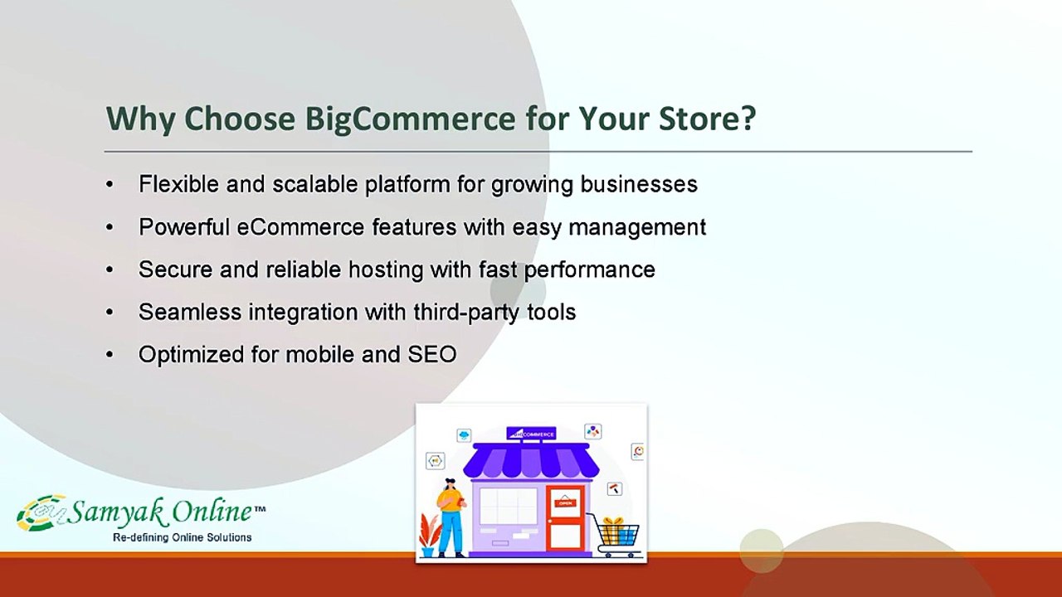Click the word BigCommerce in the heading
point(410,119)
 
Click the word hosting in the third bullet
point(386,270)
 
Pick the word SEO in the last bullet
point(432,354)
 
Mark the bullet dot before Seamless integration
point(110,313)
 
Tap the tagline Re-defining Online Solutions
point(182,538)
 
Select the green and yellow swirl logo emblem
point(41,513)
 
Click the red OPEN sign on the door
point(565,503)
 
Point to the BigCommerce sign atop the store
point(531,434)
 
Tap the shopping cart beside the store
point(616,535)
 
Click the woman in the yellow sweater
point(451,517)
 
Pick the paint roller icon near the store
point(615,488)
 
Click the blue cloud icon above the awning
point(464,435)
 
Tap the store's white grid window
point(508,506)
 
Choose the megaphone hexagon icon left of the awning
point(435,460)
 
